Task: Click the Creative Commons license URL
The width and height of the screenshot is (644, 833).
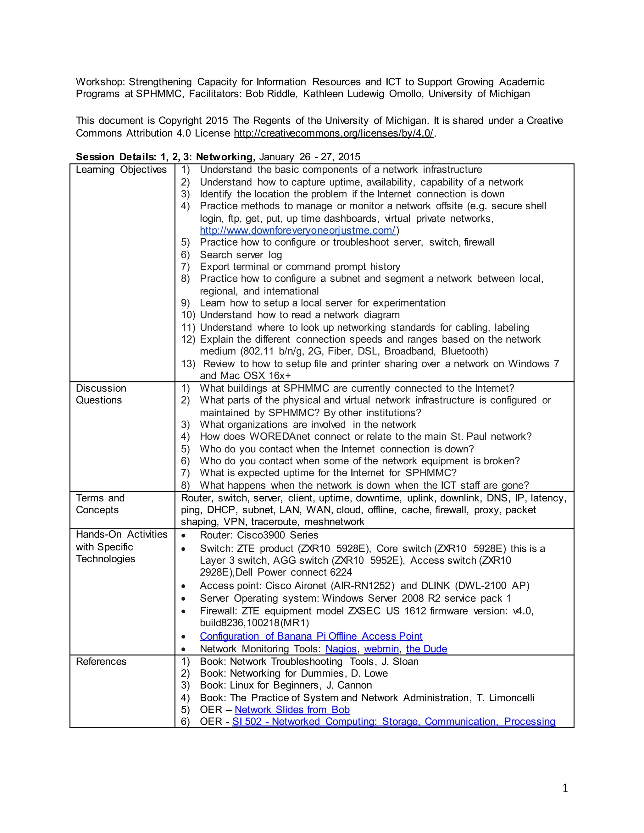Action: [333, 133]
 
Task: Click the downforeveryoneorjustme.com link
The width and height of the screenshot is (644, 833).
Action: [297, 230]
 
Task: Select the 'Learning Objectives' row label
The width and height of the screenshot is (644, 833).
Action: [121, 170]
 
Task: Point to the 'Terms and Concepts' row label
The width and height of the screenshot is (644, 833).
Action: [100, 504]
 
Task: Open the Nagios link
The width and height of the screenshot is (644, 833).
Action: [341, 649]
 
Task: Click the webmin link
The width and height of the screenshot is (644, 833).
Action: [381, 649]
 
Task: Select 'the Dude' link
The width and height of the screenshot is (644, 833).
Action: [426, 649]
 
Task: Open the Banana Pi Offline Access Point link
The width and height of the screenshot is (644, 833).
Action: [311, 636]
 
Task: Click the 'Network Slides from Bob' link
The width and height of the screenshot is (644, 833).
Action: [292, 709]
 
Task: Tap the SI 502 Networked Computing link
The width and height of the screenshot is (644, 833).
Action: [393, 722]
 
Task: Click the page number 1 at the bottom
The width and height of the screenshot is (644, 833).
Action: [565, 788]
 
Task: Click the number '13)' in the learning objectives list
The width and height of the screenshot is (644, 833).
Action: [188, 364]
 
